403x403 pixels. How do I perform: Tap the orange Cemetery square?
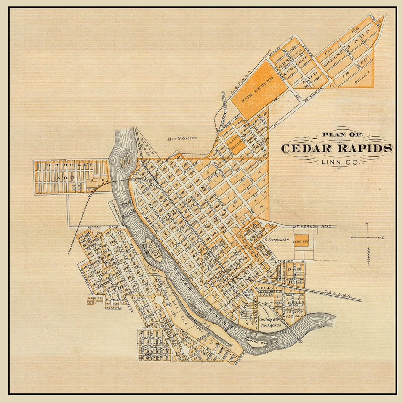(x=301, y=241)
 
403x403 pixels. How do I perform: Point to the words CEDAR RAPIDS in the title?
(x=337, y=149)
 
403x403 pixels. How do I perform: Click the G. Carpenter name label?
(x=277, y=240)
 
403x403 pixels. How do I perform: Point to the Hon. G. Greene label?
(x=182, y=138)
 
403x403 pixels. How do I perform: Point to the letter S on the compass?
(x=368, y=265)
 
